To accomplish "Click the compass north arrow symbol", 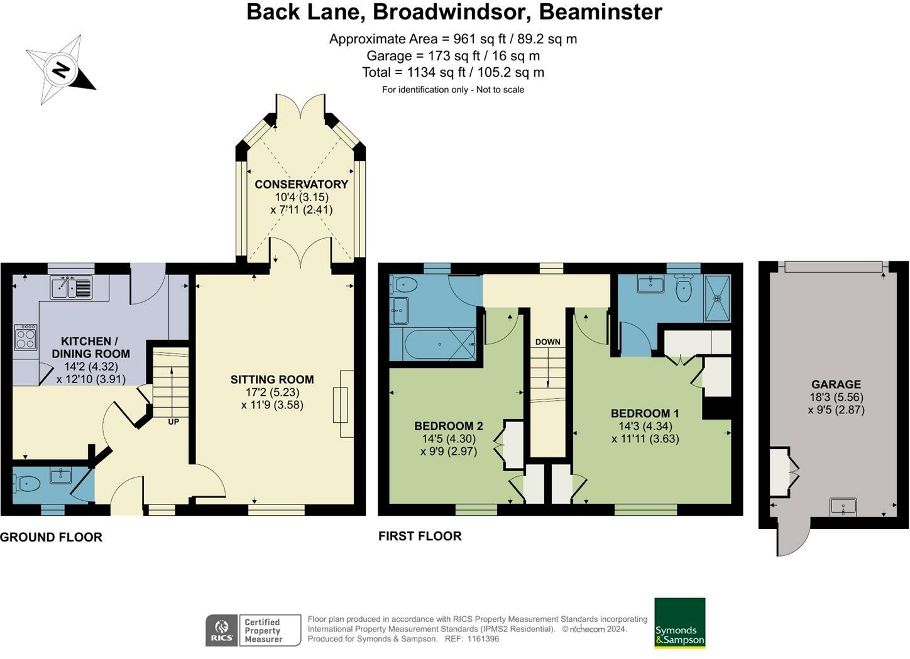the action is point(61,69).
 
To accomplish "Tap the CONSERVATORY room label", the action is point(301,184).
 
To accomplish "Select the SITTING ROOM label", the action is point(271,379).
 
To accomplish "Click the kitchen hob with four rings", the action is point(26,337).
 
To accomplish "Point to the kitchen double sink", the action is point(71,287).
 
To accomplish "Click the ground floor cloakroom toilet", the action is point(26,483).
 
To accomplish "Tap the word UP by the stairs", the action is point(173,422).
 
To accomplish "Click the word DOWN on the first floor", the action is point(547,342).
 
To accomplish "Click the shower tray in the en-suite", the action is point(717,298).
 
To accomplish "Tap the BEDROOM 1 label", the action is point(645,413).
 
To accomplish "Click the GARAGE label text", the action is point(836,384).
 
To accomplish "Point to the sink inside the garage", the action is point(843,506).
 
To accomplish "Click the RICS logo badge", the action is point(221,630).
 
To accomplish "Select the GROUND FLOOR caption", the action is point(51,537).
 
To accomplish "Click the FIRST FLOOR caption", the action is point(420,536).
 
